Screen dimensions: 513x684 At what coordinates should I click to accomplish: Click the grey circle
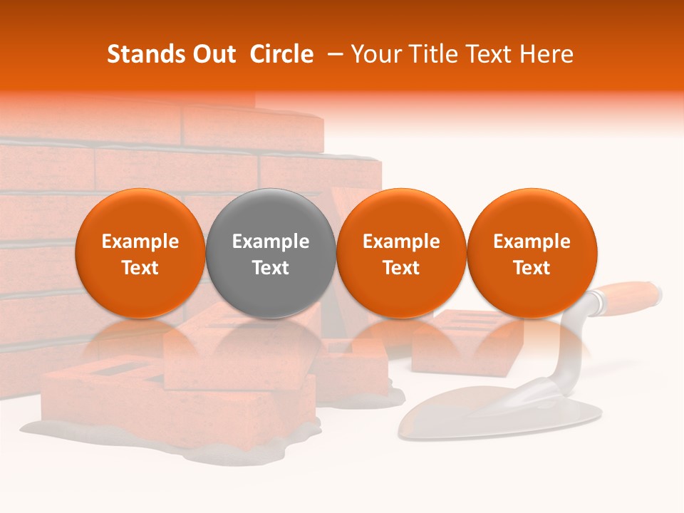pyautogui.click(x=271, y=254)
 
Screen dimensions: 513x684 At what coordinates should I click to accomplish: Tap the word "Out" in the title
pyautogui.click(x=212, y=54)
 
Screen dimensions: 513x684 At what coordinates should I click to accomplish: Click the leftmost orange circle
pyautogui.click(x=140, y=254)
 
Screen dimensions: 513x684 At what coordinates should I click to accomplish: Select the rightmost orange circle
pyautogui.click(x=532, y=254)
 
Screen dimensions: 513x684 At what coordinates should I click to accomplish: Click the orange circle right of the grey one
pyautogui.click(x=401, y=254)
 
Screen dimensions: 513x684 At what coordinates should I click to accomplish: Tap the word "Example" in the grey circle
pyautogui.click(x=271, y=242)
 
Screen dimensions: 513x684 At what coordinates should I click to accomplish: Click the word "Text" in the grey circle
pyautogui.click(x=271, y=268)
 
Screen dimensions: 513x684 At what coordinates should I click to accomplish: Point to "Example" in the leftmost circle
pyautogui.click(x=140, y=242)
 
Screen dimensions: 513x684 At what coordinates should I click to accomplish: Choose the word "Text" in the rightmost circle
pyautogui.click(x=532, y=268)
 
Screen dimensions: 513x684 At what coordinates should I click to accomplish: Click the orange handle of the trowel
pyautogui.click(x=628, y=295)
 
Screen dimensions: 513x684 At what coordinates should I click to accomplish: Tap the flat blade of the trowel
pyautogui.click(x=499, y=417)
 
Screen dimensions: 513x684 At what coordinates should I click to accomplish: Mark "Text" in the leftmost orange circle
pyautogui.click(x=140, y=268)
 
